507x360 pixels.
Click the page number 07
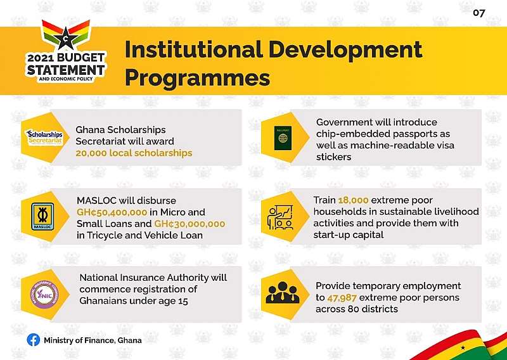coord(479,13)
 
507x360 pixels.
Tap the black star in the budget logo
coord(66,39)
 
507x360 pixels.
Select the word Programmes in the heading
coord(197,78)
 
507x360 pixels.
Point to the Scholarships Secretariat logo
coord(44,138)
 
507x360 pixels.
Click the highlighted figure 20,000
coord(91,153)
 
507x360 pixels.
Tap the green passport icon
coord(283,138)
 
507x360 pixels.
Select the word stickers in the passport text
coord(334,157)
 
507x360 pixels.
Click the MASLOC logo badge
coord(42,216)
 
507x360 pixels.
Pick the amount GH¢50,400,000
coord(112,212)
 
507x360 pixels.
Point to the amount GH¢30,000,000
coord(189,224)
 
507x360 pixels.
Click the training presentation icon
coord(280,217)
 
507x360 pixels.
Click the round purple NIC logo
coord(44,294)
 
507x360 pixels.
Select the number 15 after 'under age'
coord(183,301)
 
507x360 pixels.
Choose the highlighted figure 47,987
coord(342,298)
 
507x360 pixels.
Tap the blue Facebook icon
coord(34,340)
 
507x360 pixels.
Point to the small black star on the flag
coord(463,348)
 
